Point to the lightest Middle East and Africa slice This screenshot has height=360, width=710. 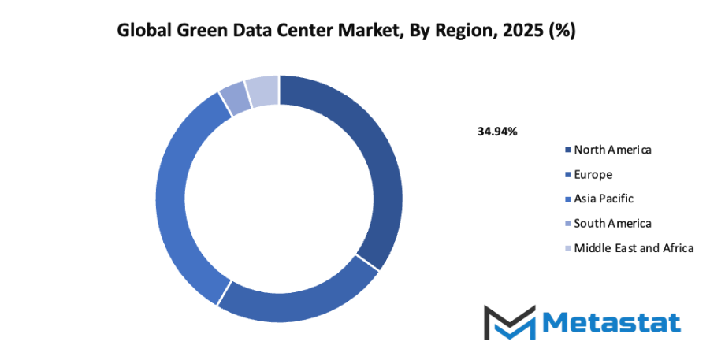[262, 91]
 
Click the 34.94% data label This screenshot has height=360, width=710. [497, 132]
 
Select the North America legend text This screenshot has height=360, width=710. [612, 150]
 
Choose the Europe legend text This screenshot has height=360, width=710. [593, 174]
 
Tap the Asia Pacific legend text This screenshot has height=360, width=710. [604, 199]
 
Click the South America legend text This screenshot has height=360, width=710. [612, 223]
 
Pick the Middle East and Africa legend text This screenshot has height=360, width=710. [634, 247]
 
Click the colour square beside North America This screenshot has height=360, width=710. [567, 150]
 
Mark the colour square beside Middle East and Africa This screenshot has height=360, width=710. [567, 248]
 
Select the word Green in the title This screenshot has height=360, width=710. [200, 32]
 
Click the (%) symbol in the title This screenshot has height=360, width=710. [563, 32]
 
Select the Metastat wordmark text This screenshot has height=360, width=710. [611, 323]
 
